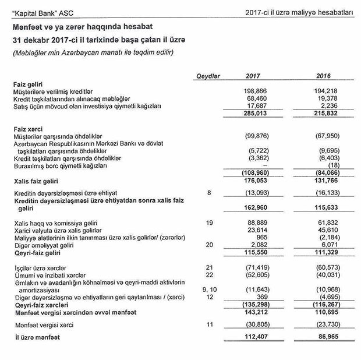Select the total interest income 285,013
[x=254, y=113]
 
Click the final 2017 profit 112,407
[x=254, y=337]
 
